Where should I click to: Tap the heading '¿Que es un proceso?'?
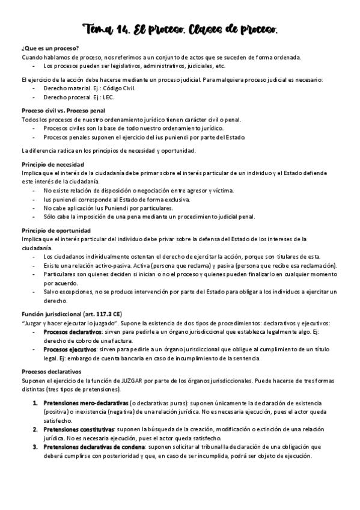coord(50,48)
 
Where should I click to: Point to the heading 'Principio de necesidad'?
coord(52,164)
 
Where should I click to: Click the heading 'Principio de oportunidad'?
coord(56,230)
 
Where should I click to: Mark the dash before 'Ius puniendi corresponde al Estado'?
coord(34,199)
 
